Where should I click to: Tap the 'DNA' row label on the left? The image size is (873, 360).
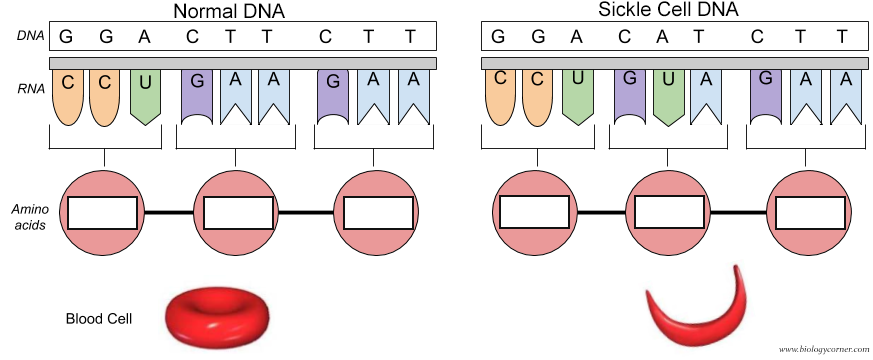tap(28, 36)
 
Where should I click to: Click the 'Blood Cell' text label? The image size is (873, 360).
tap(99, 319)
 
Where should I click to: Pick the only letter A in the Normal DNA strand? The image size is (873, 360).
tap(145, 37)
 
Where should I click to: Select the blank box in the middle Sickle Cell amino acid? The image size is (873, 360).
tap(670, 213)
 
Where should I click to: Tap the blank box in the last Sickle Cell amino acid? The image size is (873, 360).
tap(811, 213)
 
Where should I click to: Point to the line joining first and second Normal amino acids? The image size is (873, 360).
tap(169, 213)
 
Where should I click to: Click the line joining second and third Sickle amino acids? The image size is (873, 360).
tap(741, 213)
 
